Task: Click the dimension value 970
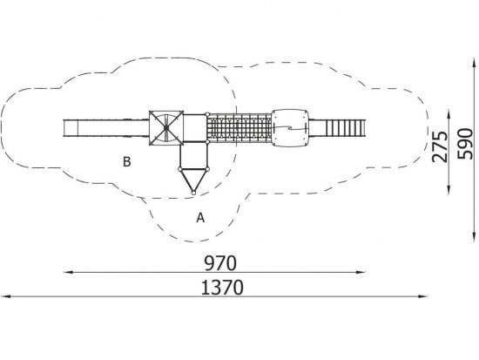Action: coord(220,263)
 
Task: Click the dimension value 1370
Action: coord(222,288)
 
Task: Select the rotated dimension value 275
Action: coord(440,146)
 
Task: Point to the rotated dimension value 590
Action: coord(465,144)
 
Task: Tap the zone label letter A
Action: coord(200,218)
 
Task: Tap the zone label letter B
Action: coord(127,162)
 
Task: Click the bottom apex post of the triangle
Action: coord(193,193)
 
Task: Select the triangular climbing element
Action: coord(193,180)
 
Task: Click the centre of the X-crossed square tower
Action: coord(166,128)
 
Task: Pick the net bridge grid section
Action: coord(239,128)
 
